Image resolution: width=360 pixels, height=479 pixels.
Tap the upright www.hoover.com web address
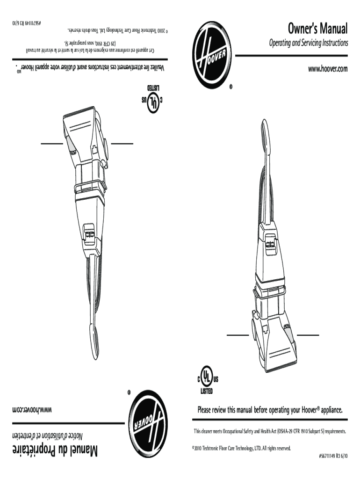tap(328, 69)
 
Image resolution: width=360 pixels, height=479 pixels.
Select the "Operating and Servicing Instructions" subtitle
tap(308, 43)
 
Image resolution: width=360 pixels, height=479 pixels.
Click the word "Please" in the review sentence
tap(207, 411)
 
